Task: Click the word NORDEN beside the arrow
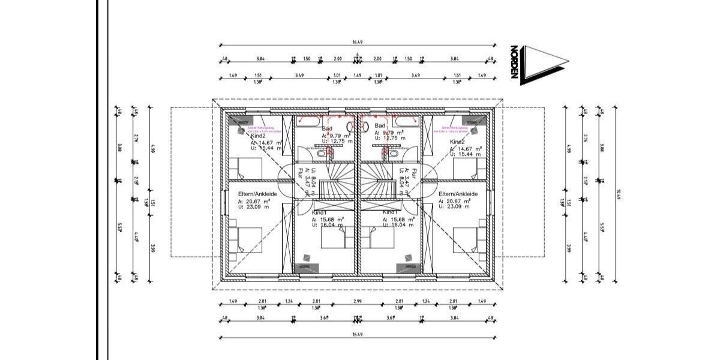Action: click(514, 62)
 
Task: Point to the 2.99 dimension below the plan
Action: click(358, 301)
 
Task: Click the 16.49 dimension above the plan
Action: click(358, 42)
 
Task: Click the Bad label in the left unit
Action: click(327, 128)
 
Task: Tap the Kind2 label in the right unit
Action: click(458, 142)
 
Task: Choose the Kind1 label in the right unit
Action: click(391, 212)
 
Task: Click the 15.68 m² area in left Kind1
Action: click(331, 220)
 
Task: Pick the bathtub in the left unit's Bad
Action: click(286, 144)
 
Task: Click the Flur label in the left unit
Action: click(300, 173)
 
